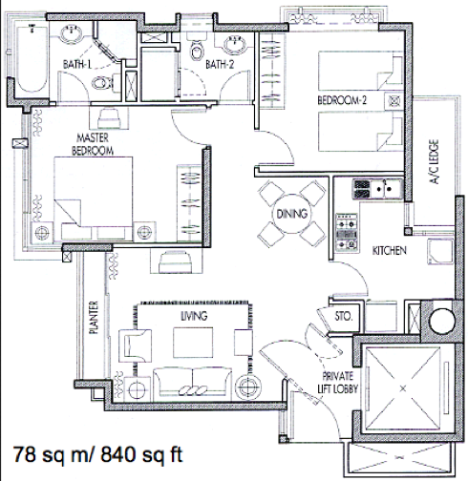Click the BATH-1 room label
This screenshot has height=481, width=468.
77,65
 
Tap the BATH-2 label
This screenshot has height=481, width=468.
220,65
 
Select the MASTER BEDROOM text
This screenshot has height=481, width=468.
93,144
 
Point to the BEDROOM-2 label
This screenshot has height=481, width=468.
342,100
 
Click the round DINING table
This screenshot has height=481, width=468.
291,214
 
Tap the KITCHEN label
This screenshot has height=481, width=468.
390,251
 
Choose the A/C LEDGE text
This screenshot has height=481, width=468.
435,161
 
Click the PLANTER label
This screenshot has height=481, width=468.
94,317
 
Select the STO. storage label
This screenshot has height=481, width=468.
344,316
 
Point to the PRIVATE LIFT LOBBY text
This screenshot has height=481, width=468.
338,383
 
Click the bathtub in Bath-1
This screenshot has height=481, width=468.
32,59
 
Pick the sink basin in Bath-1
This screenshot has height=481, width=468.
72,33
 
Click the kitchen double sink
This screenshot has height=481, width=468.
385,189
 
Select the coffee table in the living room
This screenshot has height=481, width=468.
193,343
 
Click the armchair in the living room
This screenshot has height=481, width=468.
135,345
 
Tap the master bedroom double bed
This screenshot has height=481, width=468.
94,199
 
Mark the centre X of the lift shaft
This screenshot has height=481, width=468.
403,388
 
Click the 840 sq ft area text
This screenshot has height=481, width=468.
141,454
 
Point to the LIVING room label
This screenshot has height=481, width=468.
194,316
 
